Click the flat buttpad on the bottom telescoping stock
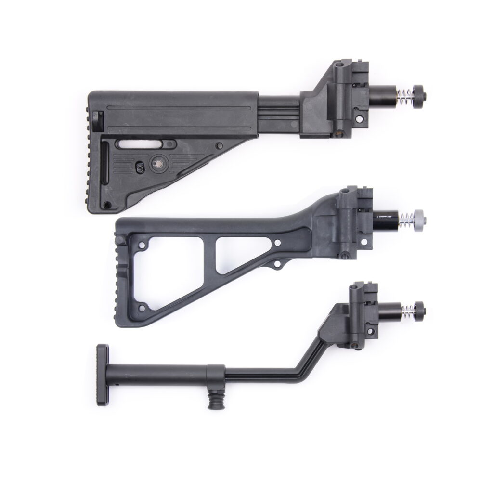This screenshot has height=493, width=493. (x=102, y=375)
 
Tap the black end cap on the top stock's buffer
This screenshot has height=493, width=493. (x=417, y=92)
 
